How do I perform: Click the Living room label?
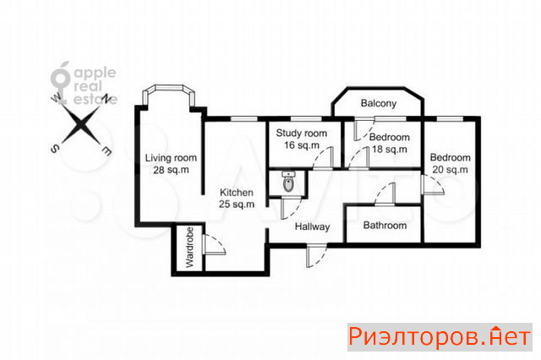[171, 158]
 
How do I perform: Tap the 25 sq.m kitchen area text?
[237, 205]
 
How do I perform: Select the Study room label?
[302, 134]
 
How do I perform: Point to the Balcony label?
[379, 103]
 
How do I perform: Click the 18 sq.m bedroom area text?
[390, 150]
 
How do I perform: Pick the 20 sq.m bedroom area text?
[451, 170]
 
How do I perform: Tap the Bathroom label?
[385, 226]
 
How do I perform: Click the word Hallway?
[312, 226]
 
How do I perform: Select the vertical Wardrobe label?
[190, 248]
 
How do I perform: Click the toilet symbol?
[288, 182]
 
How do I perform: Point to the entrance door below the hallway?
[316, 255]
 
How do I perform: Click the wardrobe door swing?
[215, 244]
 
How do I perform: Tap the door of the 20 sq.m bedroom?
[433, 185]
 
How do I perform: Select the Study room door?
[324, 158]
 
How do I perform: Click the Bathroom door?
[385, 194]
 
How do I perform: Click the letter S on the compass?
[55, 149]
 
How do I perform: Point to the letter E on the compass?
[107, 150]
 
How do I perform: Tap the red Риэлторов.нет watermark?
[440, 337]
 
